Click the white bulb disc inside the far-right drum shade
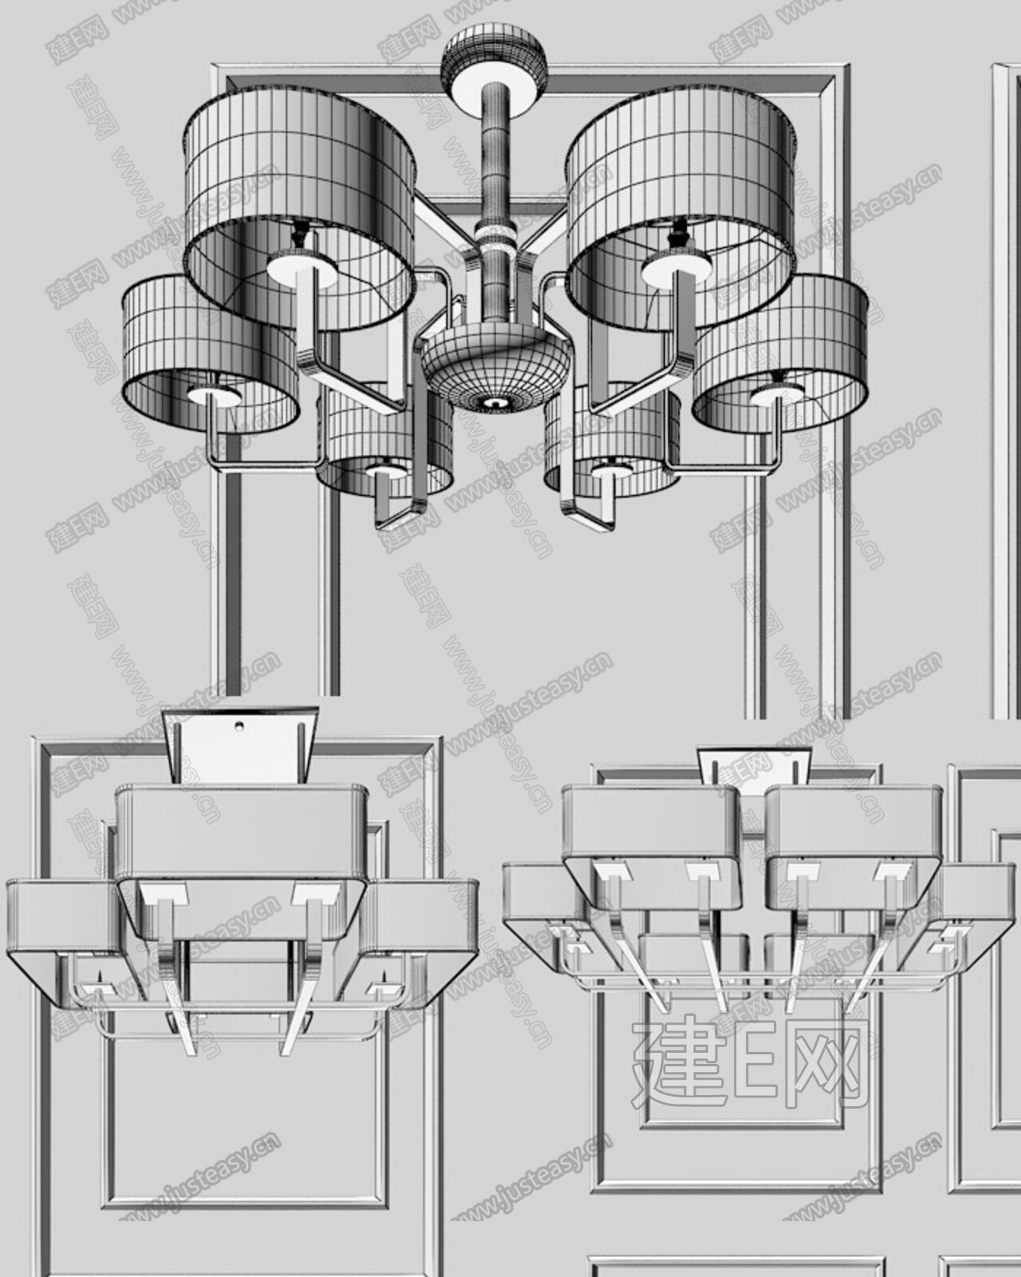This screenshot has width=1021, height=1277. pos(777,394)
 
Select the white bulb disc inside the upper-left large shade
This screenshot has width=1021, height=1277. pos(302,268)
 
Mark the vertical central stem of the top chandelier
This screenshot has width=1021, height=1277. pos(495,202)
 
